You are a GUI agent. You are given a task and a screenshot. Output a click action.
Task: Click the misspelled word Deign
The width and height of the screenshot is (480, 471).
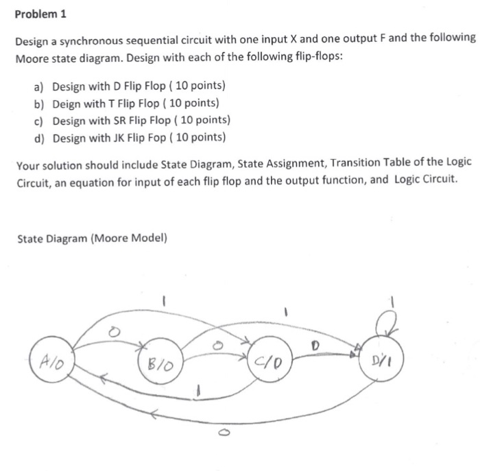67,103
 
